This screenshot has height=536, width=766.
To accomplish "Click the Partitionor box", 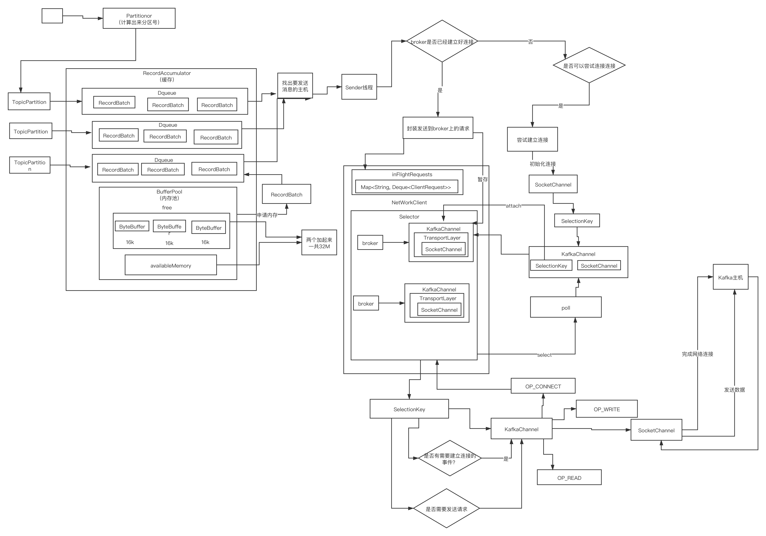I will pos(139,19).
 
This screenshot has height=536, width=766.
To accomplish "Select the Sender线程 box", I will pos(359,87).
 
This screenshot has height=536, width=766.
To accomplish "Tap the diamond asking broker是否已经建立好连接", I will pos(442,41).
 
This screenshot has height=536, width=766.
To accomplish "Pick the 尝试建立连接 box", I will pos(532,140).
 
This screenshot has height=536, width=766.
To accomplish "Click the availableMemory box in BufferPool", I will pos(170,265).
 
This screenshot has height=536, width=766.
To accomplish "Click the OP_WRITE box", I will pos(606,409).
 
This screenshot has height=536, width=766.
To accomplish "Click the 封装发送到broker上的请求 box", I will pos(438,128).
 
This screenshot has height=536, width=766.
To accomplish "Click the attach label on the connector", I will pos(513,206).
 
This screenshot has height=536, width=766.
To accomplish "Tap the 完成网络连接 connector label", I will pos(697,354).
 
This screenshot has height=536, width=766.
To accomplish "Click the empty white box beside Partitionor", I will pos(52,16).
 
